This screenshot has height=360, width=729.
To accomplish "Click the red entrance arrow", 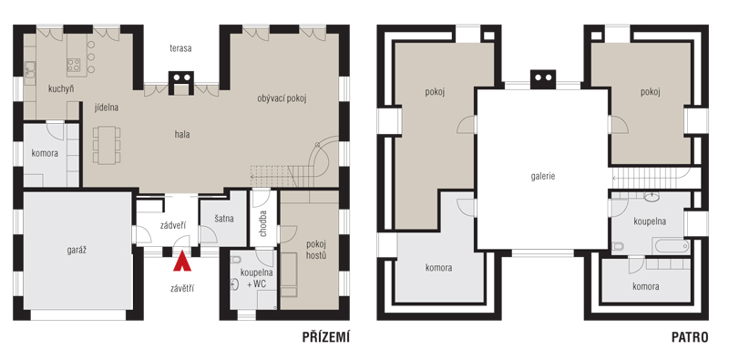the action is pos(182,262).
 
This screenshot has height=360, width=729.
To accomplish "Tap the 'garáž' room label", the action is pos(77,251).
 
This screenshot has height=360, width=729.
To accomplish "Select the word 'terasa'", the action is pos(180,48).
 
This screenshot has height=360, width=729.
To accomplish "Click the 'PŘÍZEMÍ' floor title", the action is pos(326,336).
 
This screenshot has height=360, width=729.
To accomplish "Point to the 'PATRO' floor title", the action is pos(690,337).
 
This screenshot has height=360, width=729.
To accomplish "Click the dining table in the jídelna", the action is pos(107,145).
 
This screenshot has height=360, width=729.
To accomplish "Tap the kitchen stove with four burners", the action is pos(74,64).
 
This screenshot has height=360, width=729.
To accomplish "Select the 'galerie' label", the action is pos(542,177).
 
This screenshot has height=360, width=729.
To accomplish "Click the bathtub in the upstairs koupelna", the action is pos(670,245).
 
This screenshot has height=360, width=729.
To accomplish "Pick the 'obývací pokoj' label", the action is pos(282,98).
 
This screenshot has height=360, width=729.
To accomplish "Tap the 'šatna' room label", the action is pos(224,219).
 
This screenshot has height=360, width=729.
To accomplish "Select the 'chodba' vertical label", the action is pos(263,223).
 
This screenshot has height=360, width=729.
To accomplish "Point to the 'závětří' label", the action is pos(181,289).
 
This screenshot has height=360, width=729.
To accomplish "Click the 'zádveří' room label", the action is pos(173,226).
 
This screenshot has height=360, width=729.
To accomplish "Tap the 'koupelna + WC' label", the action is pos(256,278).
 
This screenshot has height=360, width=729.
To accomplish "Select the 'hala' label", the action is pos(182,134).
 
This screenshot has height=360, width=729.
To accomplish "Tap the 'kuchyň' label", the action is pos(61,89).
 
